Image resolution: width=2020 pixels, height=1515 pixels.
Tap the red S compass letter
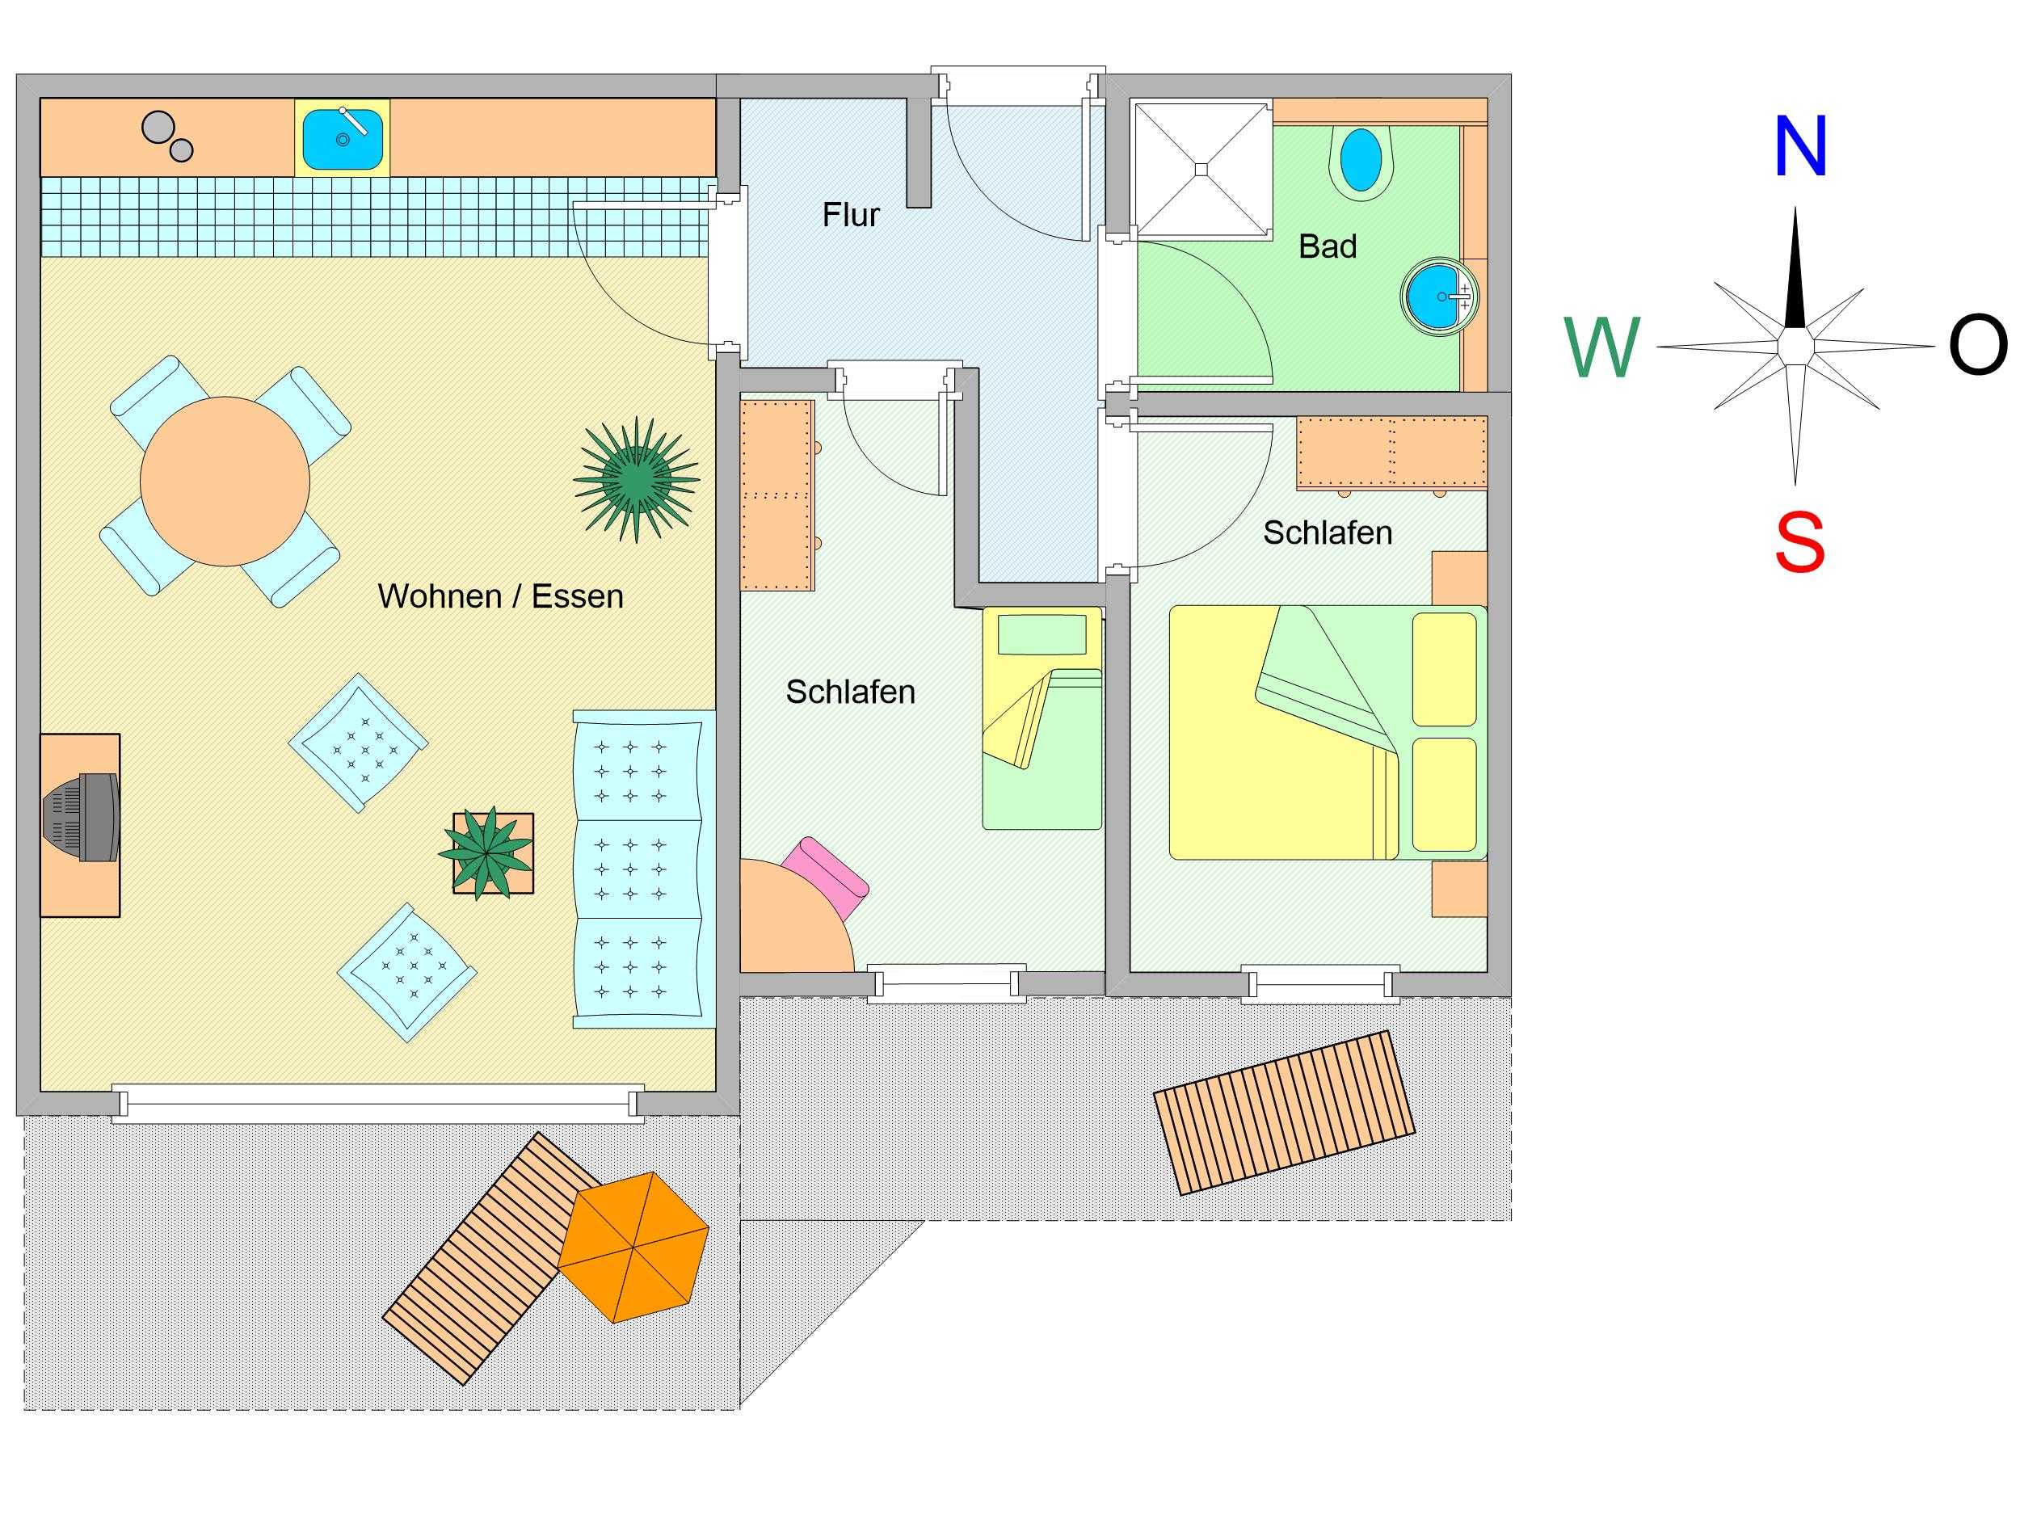[x=1799, y=541]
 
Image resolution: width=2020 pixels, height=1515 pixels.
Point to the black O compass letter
[x=1978, y=345]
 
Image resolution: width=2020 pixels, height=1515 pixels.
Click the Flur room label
[x=850, y=215]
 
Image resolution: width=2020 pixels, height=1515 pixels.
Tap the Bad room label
[x=1327, y=246]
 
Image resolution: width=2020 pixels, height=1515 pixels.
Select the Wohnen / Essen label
[x=500, y=596]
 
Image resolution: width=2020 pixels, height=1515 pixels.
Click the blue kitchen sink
[x=343, y=138]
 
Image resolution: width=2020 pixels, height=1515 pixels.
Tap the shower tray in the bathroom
[x=1201, y=170]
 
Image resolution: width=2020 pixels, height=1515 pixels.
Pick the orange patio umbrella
[x=633, y=1248]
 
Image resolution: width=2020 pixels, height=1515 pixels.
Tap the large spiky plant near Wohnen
[x=637, y=479]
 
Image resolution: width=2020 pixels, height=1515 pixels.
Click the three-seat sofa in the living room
[x=644, y=869]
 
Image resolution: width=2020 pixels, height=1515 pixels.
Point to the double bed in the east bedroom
[x=1328, y=732]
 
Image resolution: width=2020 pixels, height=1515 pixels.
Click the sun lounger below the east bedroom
[x=1285, y=1113]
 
